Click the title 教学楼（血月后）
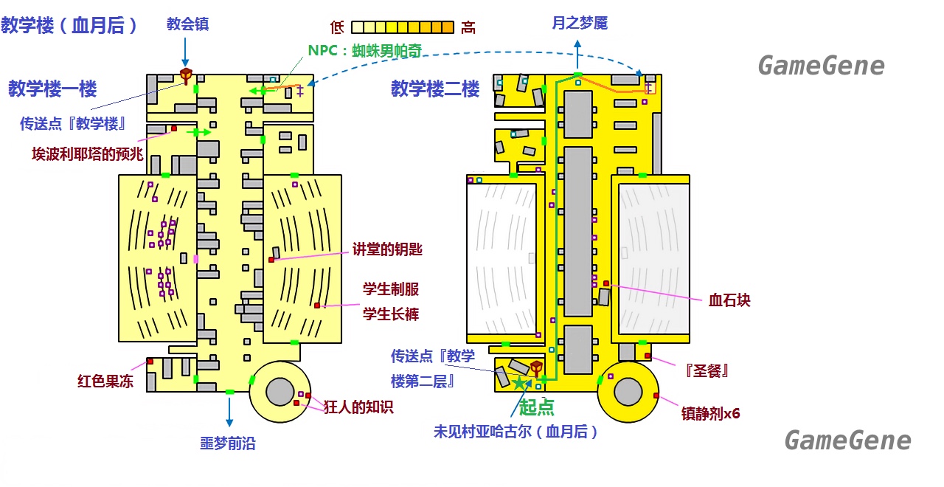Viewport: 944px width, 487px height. pos(69,25)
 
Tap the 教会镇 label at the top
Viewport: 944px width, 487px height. pos(187,24)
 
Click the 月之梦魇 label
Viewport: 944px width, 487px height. pos(580,23)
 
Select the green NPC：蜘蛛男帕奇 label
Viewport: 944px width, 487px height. pos(365,51)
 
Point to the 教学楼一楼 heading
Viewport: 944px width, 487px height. pos(52,89)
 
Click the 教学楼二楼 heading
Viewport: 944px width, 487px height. pos(435,89)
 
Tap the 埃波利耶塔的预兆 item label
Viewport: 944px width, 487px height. pos(88,154)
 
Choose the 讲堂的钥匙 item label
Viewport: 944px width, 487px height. pos(387,249)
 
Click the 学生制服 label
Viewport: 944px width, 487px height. pos(391,289)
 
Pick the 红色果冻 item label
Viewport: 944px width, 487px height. pos(105,381)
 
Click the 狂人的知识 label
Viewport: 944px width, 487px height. pos(358,407)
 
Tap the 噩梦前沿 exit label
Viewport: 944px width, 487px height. pos(228,443)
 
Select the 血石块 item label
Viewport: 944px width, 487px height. pos(729,300)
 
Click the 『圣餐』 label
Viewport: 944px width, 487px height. pos(707,371)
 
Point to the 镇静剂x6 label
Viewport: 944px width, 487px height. pos(710,413)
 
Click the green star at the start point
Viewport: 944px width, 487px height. pos(519,383)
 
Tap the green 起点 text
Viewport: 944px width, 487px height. pos(536,407)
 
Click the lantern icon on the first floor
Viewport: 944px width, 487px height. pos(186,76)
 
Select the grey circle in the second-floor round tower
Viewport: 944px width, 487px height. pos(628,391)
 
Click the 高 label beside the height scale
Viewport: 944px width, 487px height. pos(468,28)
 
